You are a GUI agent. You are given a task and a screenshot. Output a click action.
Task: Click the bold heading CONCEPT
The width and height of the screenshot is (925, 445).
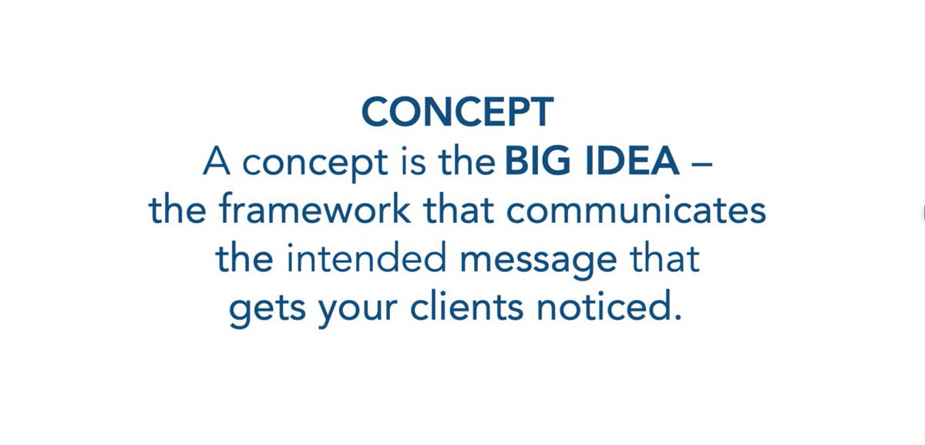[457, 113]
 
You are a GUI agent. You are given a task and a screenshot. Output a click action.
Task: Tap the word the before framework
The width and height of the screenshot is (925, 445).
[179, 211]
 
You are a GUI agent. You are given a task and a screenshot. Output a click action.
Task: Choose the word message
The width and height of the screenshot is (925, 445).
[536, 261]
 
